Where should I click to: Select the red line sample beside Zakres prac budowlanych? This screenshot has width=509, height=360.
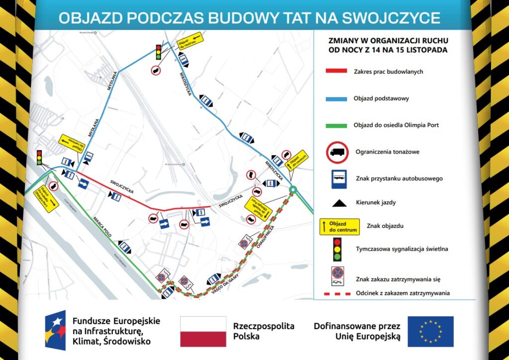335,72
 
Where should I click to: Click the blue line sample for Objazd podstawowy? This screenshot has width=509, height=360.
335,98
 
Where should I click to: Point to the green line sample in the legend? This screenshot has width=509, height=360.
335,125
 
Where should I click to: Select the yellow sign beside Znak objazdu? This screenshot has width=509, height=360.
339,226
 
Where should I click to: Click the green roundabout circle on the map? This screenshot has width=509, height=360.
293,189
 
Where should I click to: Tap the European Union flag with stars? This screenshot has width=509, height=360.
430,332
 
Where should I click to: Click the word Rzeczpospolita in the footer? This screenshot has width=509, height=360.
263,326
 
